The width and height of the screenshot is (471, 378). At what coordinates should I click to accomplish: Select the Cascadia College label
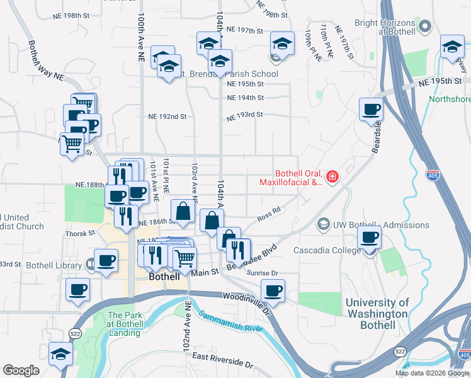[x=327, y=249]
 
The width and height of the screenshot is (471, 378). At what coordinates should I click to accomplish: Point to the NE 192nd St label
[x=167, y=117]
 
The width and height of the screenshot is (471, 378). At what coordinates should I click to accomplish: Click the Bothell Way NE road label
[x=45, y=60]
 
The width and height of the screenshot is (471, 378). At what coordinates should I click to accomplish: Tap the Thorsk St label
[x=79, y=233]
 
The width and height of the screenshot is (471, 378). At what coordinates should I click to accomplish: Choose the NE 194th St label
[x=245, y=98]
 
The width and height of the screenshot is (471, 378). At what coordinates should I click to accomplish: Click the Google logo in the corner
[x=21, y=370]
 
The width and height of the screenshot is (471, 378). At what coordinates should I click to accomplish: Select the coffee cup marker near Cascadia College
[x=369, y=238]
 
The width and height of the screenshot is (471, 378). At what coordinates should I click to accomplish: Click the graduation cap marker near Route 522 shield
[x=60, y=354]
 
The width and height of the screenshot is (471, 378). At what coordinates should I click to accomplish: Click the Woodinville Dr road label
[x=246, y=298]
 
